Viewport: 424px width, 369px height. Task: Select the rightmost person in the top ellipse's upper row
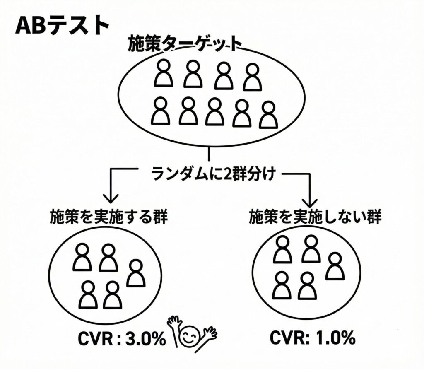(x=253, y=77)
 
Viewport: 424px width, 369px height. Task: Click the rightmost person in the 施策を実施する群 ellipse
(x=135, y=273)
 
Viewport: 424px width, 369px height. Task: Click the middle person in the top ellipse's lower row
(x=214, y=111)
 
